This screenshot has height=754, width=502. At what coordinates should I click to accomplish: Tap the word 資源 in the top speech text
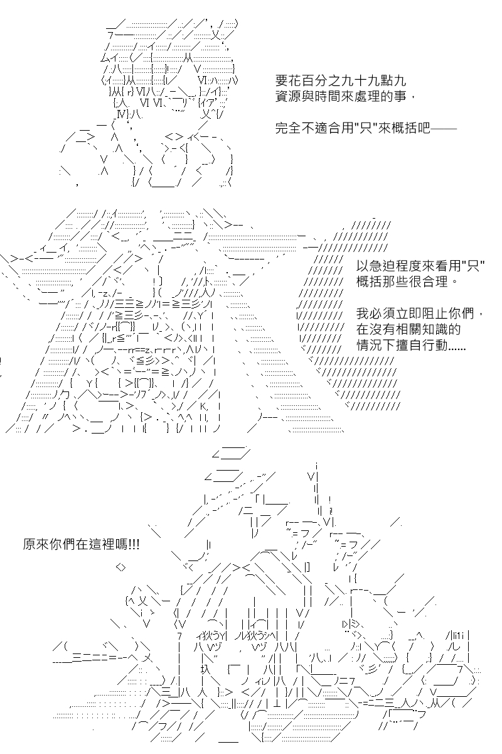[288, 97]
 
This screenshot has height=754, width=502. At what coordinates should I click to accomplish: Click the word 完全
[288, 128]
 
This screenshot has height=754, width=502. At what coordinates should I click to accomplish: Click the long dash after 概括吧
[444, 128]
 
